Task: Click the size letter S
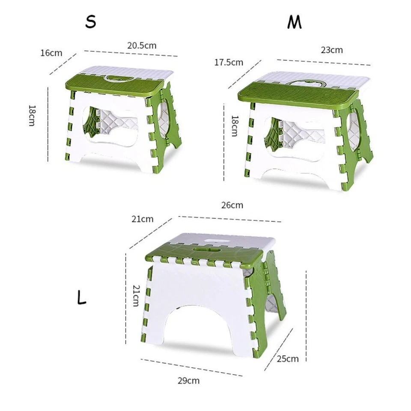(90, 21)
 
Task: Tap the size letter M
(294, 23)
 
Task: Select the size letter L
(82, 298)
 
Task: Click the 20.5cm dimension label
(142, 45)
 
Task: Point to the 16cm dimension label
(51, 53)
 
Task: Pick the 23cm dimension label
(332, 50)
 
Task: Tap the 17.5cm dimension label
(229, 63)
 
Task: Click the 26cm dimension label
(232, 205)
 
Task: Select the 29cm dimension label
(188, 380)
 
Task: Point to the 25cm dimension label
(288, 359)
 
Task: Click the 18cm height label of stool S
(32, 115)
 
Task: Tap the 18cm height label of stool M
(234, 125)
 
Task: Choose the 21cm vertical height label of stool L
(135, 295)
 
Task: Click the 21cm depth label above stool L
(143, 219)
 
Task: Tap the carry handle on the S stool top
(114, 78)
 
